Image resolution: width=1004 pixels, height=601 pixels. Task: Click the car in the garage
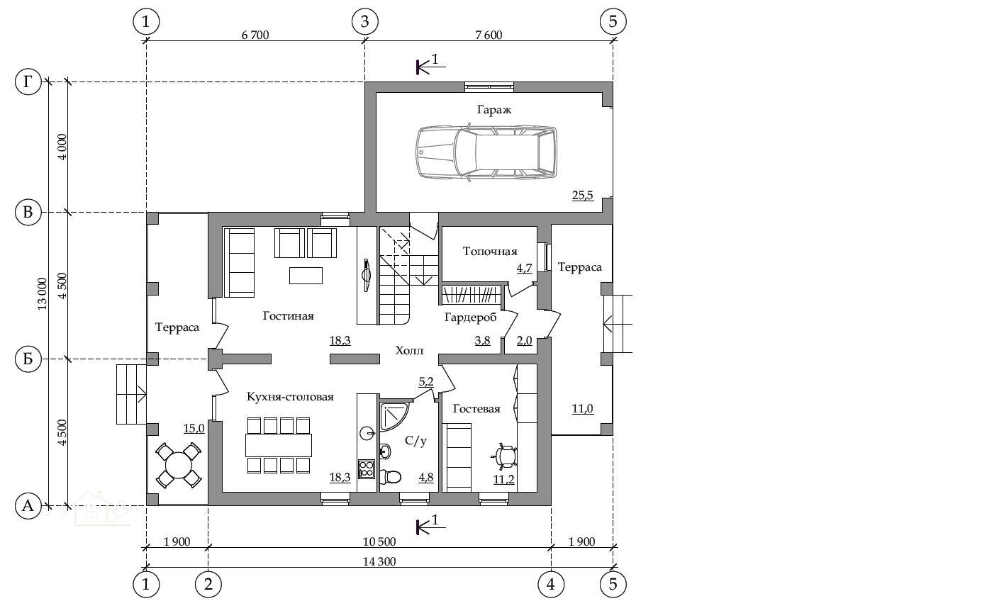[486, 152]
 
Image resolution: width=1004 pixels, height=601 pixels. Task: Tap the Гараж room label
[493, 110]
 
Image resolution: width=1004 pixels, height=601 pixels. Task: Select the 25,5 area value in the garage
[582, 196]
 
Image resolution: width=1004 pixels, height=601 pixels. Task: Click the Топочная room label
[490, 252]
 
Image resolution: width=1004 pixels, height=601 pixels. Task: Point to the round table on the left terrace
[179, 466]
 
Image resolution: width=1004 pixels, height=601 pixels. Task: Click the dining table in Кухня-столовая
[279, 445]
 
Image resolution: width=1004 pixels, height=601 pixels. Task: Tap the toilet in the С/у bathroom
[390, 476]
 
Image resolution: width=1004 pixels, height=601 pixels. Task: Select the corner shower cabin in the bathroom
[393, 416]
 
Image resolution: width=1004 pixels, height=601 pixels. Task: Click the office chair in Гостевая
[505, 456]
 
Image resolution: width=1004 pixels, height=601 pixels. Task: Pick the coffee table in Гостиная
[306, 276]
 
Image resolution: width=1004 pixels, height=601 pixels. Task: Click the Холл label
[409, 351]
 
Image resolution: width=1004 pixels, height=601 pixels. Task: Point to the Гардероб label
[470, 318]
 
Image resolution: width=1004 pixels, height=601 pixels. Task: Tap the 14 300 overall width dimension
[379, 561]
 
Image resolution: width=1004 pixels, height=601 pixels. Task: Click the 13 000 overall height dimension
[42, 294]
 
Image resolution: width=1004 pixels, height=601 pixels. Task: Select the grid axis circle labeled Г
[28, 82]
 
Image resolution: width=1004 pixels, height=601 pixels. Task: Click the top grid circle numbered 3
[365, 21]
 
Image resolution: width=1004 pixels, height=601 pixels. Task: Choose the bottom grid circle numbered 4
[551, 585]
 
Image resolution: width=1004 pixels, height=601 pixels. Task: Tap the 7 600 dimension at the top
[489, 35]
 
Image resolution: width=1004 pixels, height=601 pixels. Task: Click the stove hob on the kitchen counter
[366, 469]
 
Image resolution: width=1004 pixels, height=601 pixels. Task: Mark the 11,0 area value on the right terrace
[582, 409]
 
